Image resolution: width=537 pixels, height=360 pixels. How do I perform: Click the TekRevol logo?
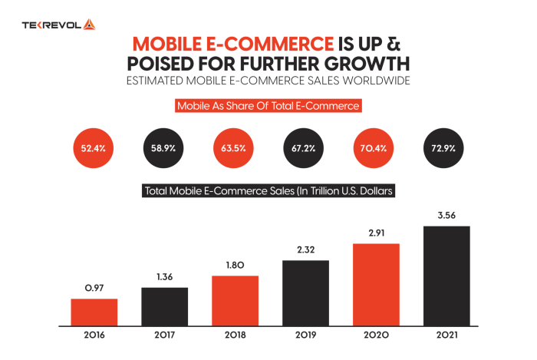click(x=58, y=25)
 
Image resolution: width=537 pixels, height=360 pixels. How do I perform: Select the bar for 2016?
click(x=94, y=312)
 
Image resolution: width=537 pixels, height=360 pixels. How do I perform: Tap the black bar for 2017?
click(x=164, y=306)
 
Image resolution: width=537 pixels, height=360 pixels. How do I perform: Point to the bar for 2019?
click(x=305, y=292)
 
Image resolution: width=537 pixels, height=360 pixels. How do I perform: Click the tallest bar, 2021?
click(x=446, y=276)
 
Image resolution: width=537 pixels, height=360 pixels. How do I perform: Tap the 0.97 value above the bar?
click(x=94, y=287)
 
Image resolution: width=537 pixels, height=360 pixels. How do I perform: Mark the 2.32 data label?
click(x=305, y=249)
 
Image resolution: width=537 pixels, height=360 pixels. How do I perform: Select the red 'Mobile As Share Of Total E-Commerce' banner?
click(x=268, y=106)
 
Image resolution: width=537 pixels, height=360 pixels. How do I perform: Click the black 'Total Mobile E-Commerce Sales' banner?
click(x=268, y=190)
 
